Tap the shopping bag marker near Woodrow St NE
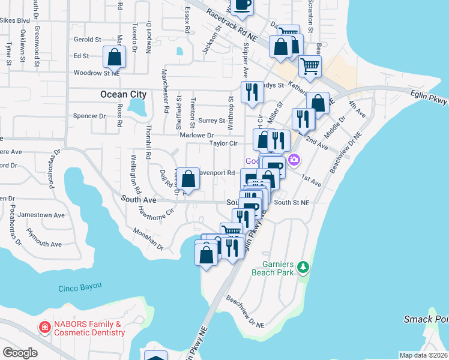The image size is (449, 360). click(x=114, y=57)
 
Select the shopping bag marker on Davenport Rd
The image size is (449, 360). click(x=188, y=178)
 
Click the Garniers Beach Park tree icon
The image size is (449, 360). click(x=304, y=266)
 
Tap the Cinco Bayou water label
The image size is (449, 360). click(x=80, y=288)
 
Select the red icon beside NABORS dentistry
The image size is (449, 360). click(x=44, y=327)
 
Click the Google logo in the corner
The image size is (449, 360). click(x=20, y=352)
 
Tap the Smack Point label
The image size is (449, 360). click(x=426, y=319)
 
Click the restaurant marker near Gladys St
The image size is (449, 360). click(x=252, y=92)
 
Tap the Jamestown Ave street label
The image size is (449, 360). click(x=41, y=215)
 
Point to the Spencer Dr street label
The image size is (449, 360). click(x=88, y=116)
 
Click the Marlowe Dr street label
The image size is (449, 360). click(x=196, y=136)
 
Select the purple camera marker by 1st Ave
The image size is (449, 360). click(x=294, y=160)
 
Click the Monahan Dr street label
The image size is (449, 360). click(x=148, y=239)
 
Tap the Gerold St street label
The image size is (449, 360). click(x=87, y=39)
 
